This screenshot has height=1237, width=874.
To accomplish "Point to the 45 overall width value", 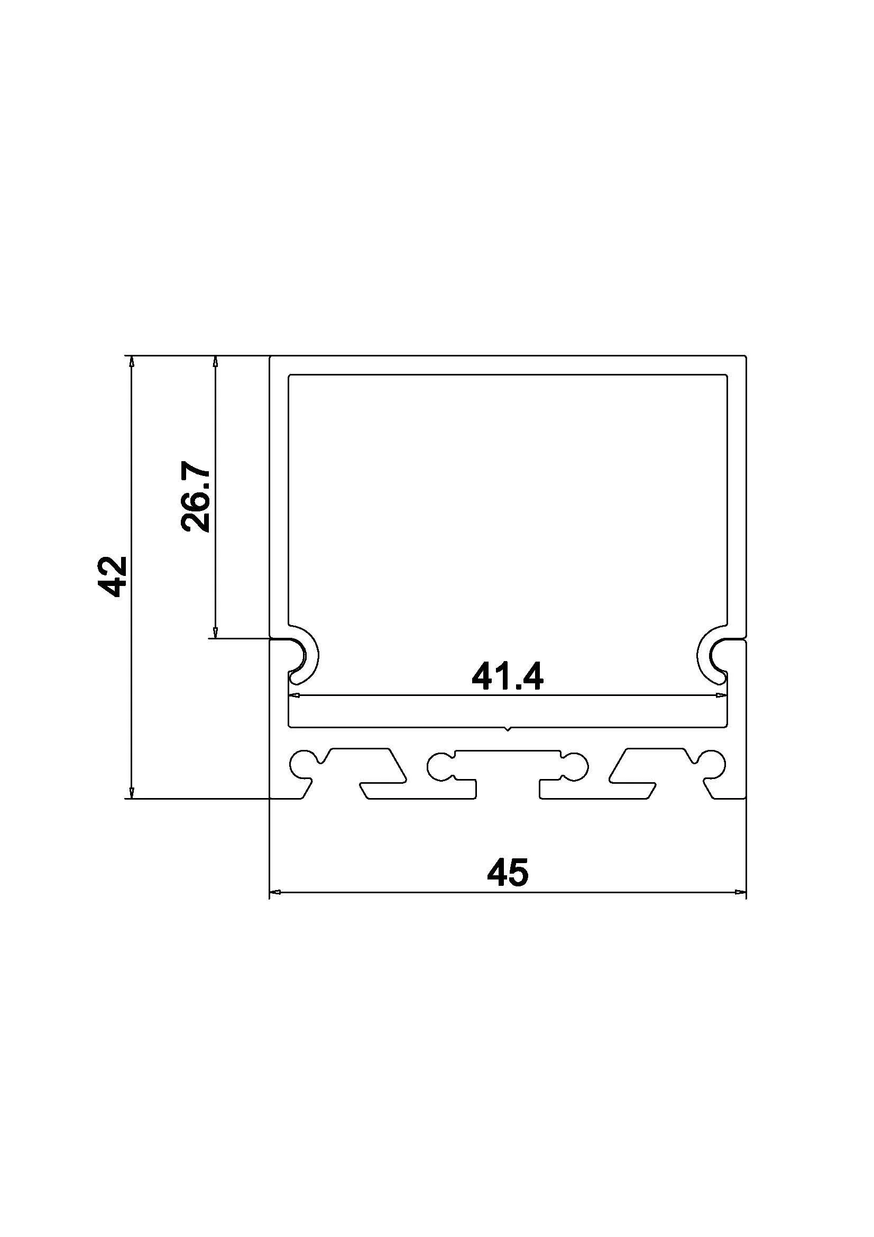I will coord(507,872).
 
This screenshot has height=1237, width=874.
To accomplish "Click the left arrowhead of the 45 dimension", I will coord(275,893).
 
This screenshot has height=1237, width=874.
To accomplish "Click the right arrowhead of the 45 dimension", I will coord(740,893).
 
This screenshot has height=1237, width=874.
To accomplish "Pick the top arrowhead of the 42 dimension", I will coord(131,362).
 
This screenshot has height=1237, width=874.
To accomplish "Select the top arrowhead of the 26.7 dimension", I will coord(215,362).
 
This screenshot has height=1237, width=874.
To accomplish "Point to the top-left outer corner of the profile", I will coord(270,356).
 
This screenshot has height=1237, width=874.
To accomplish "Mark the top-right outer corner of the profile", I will coord(746,356).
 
